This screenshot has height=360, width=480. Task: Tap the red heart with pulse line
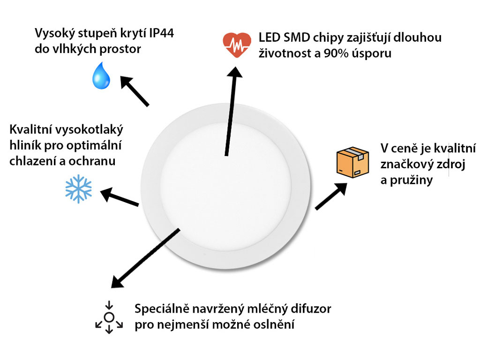(237, 45)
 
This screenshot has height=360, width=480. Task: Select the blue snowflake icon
(79, 189)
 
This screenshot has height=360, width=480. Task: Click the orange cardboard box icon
(352, 162)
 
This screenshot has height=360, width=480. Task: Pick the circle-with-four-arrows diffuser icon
(109, 317)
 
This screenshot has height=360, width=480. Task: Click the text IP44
(162, 33)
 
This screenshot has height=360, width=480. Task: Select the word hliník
(25, 145)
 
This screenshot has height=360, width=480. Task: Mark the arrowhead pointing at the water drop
(127, 82)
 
